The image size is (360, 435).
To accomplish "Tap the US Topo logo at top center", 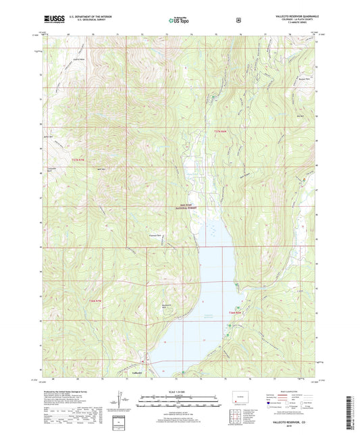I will pos(179,20).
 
